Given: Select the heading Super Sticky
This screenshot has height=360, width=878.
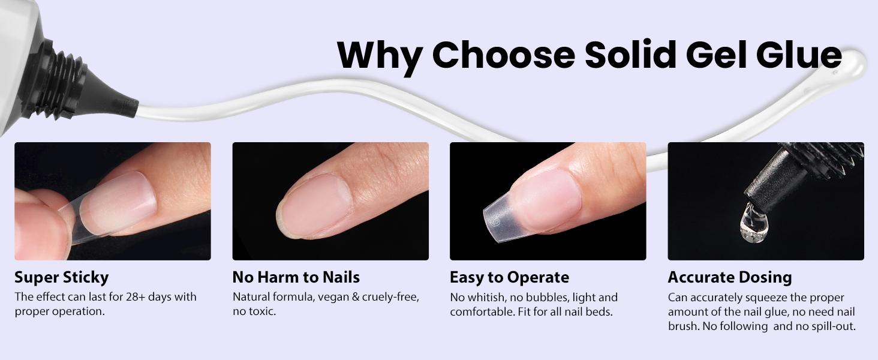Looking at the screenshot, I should point(62,277).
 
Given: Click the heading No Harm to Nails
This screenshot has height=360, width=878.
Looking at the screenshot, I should point(296,277).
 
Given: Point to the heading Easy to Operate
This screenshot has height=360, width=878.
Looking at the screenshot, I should point(509,277).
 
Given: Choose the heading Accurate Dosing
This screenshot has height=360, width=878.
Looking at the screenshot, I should point(730,277).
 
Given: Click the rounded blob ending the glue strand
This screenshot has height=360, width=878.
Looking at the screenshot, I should point(852,62).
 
